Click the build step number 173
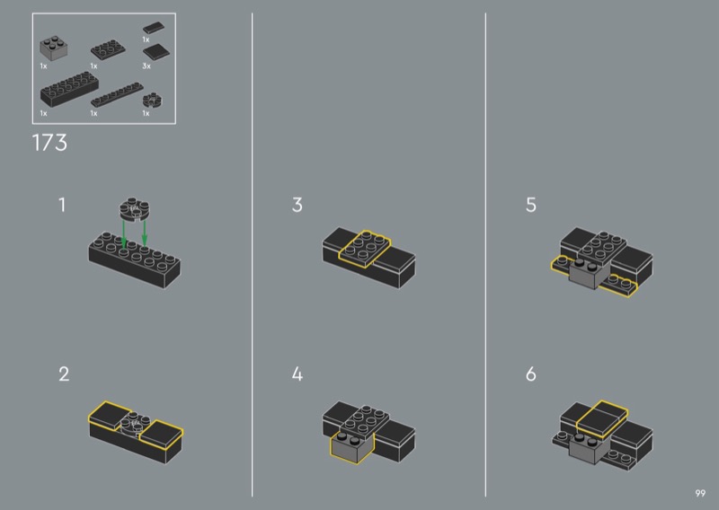click(49, 143)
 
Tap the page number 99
click(700, 493)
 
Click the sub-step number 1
click(62, 205)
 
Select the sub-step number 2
click(64, 374)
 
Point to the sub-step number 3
click(297, 205)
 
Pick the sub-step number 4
click(297, 374)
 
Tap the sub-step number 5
click(531, 205)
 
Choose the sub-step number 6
click(531, 374)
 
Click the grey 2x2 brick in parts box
click(54, 48)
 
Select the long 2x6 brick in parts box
click(69, 89)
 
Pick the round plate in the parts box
click(153, 101)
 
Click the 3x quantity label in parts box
click(146, 66)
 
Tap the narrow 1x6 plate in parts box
click(117, 95)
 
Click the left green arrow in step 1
click(124, 234)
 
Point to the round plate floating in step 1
click(135, 209)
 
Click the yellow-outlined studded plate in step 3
click(365, 249)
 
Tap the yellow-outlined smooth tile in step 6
click(601, 418)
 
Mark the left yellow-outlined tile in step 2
click(110, 415)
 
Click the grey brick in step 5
click(590, 273)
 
